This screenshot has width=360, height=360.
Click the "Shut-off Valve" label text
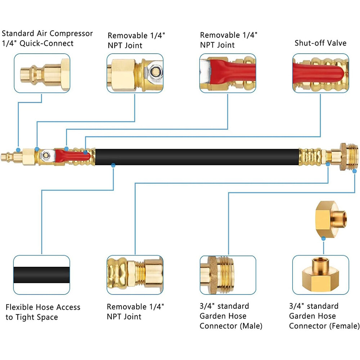click(x=320, y=43)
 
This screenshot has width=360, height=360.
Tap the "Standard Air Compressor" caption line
click(x=47, y=33)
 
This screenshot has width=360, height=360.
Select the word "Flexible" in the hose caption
click(x=20, y=307)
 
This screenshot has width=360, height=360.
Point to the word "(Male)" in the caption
click(x=251, y=326)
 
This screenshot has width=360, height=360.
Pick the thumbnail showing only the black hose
click(x=42, y=275)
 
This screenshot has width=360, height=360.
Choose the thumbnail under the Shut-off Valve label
click(x=320, y=73)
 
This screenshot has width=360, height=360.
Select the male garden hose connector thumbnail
click(x=228, y=275)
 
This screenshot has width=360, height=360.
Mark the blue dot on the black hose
click(x=113, y=165)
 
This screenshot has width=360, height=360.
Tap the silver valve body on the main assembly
click(x=47, y=156)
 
